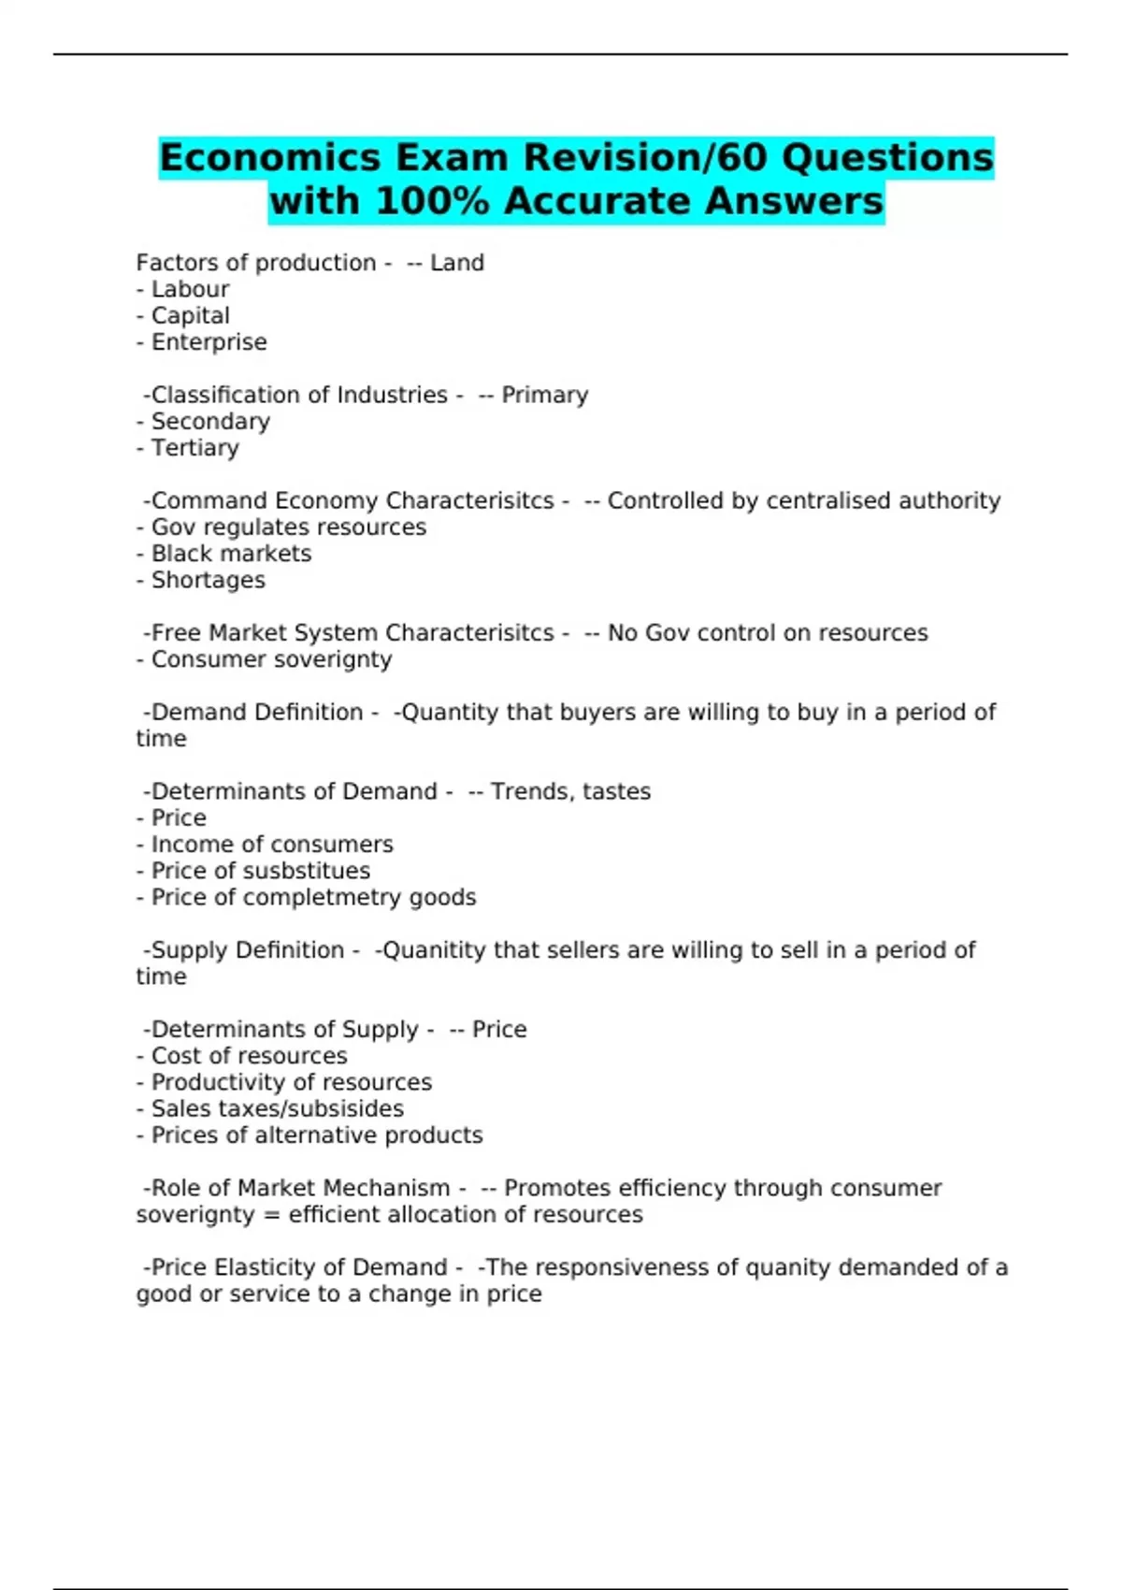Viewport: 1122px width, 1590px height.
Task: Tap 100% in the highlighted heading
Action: click(x=432, y=201)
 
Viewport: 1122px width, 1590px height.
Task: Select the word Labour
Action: click(x=190, y=290)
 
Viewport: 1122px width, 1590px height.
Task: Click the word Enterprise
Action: click(x=209, y=342)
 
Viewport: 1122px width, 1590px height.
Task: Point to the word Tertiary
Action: click(x=194, y=448)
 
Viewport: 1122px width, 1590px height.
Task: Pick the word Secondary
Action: click(x=210, y=422)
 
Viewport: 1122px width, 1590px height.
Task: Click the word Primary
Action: click(x=544, y=396)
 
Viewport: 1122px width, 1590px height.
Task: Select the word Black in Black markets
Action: click(x=179, y=554)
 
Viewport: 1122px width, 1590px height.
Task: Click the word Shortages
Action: click(x=208, y=581)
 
